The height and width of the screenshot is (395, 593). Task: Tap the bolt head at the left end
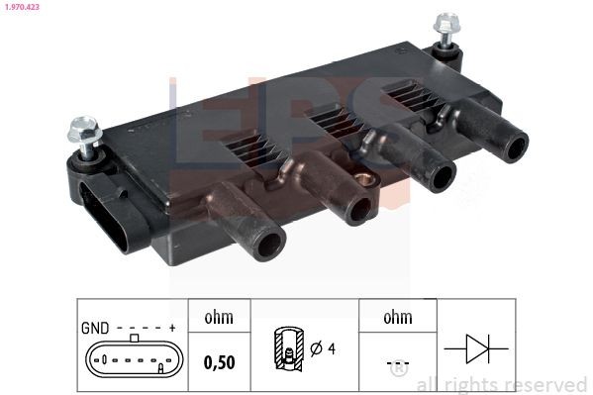[x=80, y=130]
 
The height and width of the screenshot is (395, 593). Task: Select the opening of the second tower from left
[x=358, y=210]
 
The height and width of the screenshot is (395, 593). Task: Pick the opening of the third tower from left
[x=441, y=179]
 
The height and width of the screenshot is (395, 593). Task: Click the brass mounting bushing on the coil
[x=368, y=180]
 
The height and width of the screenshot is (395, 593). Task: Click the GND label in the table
[x=95, y=327]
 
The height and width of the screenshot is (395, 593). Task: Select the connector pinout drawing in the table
[x=133, y=357]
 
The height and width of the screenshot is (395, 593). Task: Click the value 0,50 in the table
[x=218, y=361]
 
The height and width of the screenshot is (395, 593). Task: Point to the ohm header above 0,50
[x=218, y=318]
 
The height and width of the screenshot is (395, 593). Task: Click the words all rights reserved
[x=502, y=384]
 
